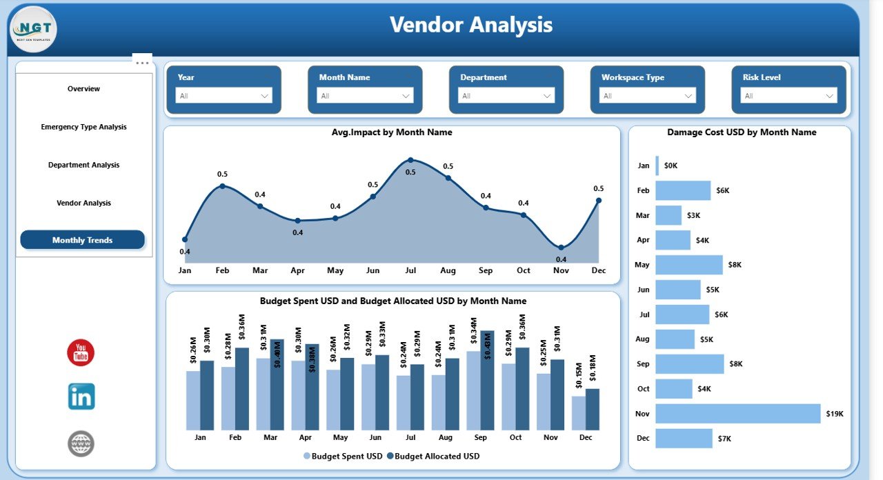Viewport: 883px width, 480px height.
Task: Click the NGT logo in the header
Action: pyautogui.click(x=34, y=30)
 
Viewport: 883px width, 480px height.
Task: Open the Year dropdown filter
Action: pyautogui.click(x=224, y=96)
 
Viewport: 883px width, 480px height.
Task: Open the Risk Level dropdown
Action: pyautogui.click(x=788, y=96)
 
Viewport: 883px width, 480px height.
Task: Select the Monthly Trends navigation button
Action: pyautogui.click(x=83, y=240)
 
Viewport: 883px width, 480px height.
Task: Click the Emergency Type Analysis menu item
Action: pyautogui.click(x=83, y=127)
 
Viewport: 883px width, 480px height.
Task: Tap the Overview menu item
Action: pyautogui.click(x=83, y=89)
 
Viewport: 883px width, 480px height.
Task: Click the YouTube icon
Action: pyautogui.click(x=81, y=352)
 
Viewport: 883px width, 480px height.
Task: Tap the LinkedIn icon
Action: pyautogui.click(x=81, y=397)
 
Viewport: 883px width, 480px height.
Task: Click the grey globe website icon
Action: pyautogui.click(x=81, y=443)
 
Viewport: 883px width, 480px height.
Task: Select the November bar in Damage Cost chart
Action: pyautogui.click(x=738, y=414)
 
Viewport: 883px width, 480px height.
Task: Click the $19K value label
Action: pyautogui.click(x=834, y=414)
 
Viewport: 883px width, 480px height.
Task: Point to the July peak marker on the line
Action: pyautogui.click(x=410, y=160)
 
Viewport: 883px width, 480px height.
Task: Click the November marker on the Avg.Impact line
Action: pyautogui.click(x=561, y=247)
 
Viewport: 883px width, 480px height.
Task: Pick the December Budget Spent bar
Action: pyautogui.click(x=579, y=412)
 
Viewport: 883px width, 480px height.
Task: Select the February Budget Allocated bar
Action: pyautogui.click(x=241, y=388)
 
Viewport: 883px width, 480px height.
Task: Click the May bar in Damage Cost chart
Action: pyautogui.click(x=689, y=265)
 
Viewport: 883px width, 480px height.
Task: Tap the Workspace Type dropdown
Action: pyautogui.click(x=647, y=96)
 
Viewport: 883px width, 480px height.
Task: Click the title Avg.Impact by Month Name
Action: pyautogui.click(x=392, y=132)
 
